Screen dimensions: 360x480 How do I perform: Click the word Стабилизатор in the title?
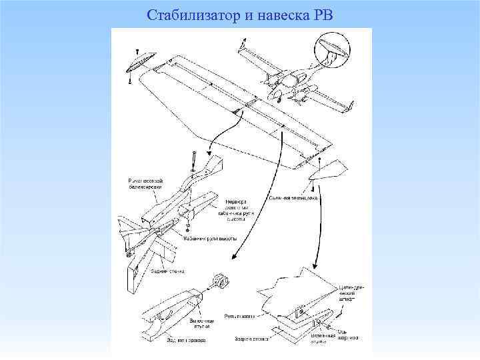tap(183, 14)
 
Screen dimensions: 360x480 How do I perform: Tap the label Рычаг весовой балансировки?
tap(145, 183)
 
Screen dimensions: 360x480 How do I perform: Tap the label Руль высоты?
tap(238, 316)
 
